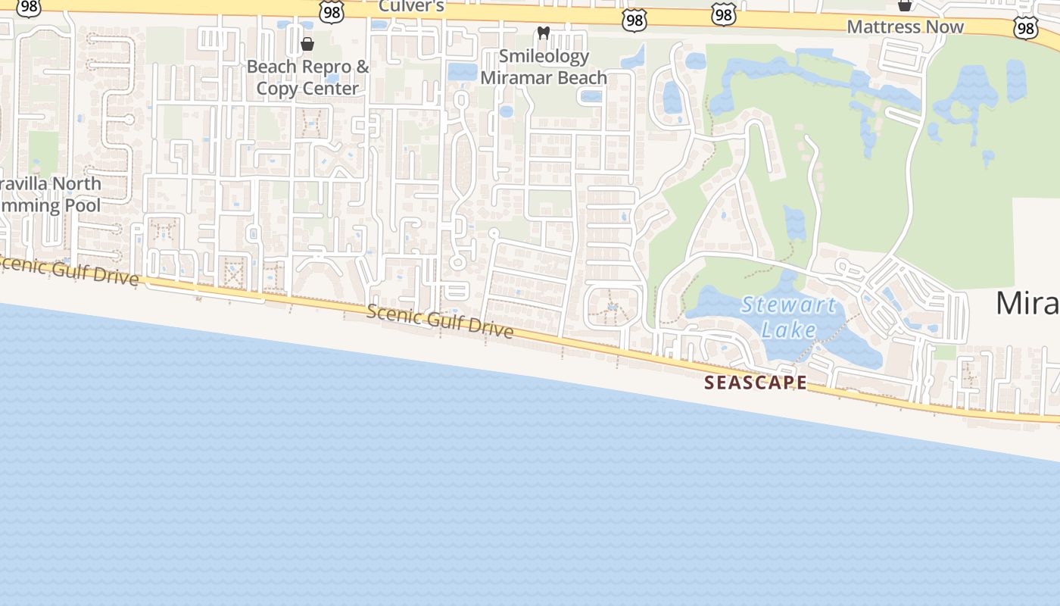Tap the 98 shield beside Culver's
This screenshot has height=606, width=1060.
[332, 11]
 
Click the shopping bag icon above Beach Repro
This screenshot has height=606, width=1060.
[307, 44]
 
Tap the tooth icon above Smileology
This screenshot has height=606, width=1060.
[542, 33]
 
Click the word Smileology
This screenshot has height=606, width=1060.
[544, 56]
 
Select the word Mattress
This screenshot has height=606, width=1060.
[886, 27]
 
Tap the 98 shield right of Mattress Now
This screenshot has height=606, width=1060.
[1025, 28]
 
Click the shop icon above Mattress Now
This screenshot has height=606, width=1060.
[904, 5]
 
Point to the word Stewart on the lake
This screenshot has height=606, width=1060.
[788, 305]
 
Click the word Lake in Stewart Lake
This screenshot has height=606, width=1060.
[788, 330]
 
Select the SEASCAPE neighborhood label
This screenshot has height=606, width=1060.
[756, 383]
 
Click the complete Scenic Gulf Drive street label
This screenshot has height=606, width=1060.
[440, 322]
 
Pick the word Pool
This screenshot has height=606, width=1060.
[83, 205]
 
